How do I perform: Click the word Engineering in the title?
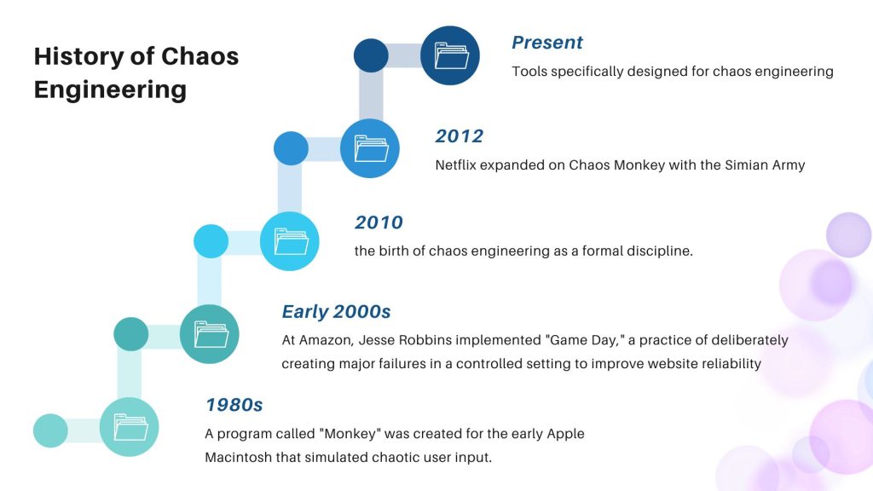coord(110,90)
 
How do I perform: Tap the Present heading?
coord(546,43)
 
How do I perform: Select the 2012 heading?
coord(459,136)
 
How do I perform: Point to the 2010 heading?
coord(379,223)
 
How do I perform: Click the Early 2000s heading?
coord(336,312)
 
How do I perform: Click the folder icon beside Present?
coord(450,56)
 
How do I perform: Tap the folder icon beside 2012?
coord(370,148)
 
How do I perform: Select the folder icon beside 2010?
coord(290,241)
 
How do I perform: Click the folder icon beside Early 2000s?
coord(210,334)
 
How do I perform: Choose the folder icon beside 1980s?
coord(130,427)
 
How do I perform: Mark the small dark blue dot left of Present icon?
coord(371,56)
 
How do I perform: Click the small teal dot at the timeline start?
coord(50,430)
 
